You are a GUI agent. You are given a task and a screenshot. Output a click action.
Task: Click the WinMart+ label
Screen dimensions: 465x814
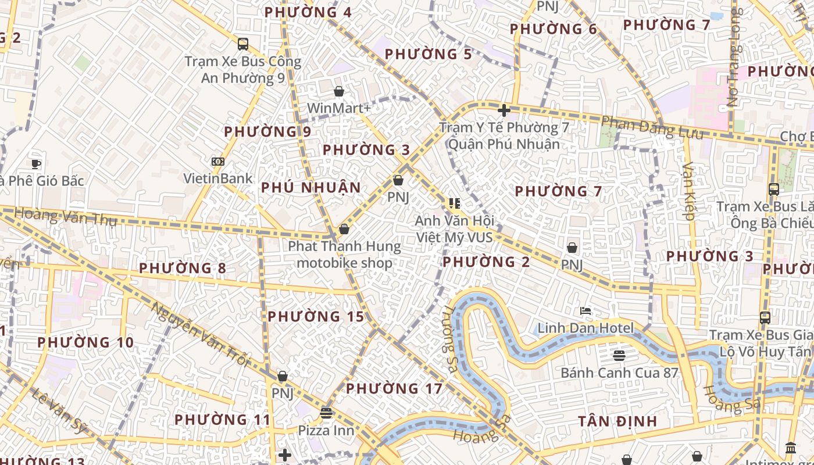pyautogui.click(x=338, y=108)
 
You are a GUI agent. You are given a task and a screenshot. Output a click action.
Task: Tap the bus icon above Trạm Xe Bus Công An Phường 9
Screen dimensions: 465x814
pyautogui.click(x=243, y=44)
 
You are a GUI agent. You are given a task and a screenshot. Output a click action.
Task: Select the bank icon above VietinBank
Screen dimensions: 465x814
pyautogui.click(x=218, y=162)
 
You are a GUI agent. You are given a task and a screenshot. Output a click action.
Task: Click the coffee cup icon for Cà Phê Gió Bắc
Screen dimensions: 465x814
pyautogui.click(x=36, y=164)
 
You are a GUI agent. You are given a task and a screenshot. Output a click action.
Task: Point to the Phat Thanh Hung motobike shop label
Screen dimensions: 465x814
pyautogui.click(x=345, y=255)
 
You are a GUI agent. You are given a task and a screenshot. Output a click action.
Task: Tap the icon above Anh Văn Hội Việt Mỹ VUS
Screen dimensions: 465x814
pyautogui.click(x=455, y=203)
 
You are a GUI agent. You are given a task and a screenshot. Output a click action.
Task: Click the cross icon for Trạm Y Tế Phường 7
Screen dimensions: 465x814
pyautogui.click(x=504, y=110)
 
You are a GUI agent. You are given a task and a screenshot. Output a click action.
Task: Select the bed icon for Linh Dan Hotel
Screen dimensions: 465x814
pyautogui.click(x=585, y=311)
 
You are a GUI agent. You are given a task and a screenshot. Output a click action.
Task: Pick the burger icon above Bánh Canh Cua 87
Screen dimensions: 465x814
pyautogui.click(x=619, y=355)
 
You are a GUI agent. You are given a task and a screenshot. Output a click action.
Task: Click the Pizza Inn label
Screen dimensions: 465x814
pyautogui.click(x=326, y=431)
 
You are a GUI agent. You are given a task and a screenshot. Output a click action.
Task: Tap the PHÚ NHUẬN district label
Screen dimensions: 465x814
pyautogui.click(x=311, y=188)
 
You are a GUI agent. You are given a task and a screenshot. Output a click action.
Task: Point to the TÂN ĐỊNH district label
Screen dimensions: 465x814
pyautogui.click(x=617, y=421)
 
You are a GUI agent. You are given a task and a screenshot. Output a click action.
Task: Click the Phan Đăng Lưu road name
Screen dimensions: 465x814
pyautogui.click(x=651, y=128)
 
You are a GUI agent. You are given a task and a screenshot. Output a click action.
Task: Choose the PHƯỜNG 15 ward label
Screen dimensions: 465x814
pyautogui.click(x=316, y=317)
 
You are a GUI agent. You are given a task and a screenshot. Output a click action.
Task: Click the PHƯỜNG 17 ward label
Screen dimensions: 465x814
pyautogui.click(x=394, y=388)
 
